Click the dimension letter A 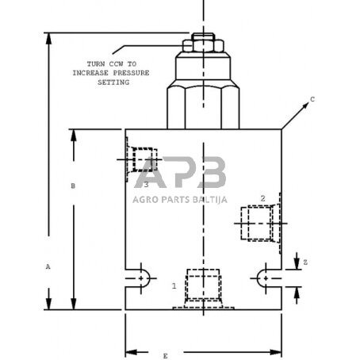(48, 268)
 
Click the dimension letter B (73, 186)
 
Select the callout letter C (312, 99)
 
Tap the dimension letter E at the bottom (165, 356)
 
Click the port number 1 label (174, 284)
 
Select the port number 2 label (262, 197)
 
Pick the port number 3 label (146, 184)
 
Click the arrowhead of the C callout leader (283, 127)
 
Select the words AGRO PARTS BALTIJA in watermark (181, 200)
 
